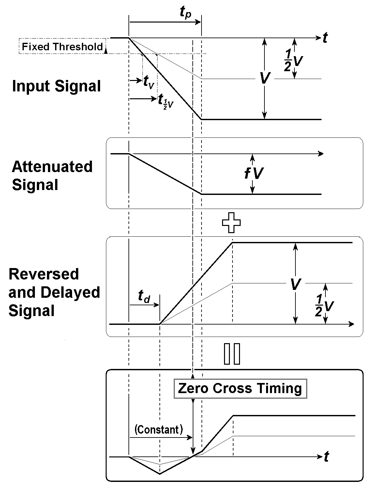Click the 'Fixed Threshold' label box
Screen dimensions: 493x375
click(x=62, y=47)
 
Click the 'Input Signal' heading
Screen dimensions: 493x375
click(x=56, y=87)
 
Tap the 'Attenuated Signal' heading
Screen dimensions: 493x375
click(x=52, y=176)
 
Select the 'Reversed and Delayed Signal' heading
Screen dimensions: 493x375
click(x=54, y=292)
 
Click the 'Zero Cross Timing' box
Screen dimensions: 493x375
click(x=240, y=389)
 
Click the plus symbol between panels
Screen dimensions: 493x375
click(x=231, y=222)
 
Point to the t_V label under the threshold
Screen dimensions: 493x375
click(x=149, y=81)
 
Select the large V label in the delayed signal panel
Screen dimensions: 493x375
click(x=295, y=284)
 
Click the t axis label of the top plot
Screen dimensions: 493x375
click(x=325, y=39)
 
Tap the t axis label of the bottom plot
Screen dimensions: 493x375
click(x=326, y=457)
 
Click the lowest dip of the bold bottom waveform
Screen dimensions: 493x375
click(x=160, y=474)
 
